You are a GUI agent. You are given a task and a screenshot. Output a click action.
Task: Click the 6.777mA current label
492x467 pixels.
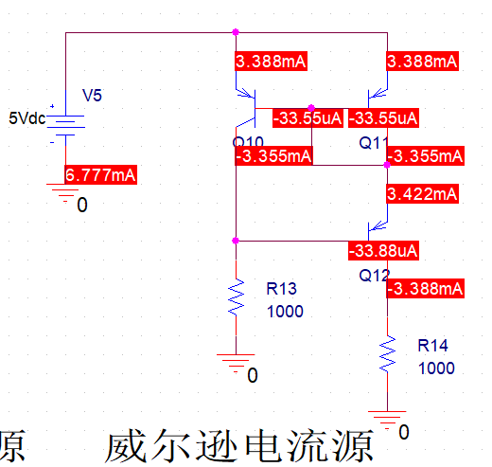coord(100,175)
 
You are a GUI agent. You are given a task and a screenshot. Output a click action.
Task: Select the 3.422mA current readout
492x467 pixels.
coord(422,194)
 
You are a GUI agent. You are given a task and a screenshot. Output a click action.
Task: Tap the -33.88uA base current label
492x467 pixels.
coord(383,251)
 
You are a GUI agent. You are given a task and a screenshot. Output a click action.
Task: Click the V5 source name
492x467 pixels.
coord(93,96)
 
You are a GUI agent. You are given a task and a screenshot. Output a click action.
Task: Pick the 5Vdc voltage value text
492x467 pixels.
coord(26,119)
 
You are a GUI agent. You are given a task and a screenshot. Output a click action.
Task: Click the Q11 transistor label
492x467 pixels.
coord(374,142)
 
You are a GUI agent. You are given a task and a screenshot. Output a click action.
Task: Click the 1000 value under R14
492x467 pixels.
coord(433,367)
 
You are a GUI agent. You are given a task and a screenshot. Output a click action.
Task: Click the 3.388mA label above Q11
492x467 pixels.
coord(422,62)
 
